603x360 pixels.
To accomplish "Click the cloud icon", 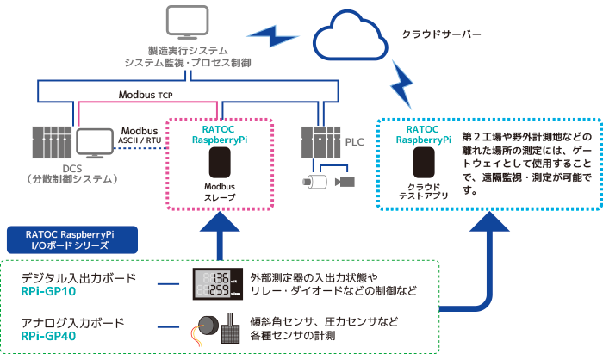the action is coord(350,35).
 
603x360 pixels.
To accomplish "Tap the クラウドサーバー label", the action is coord(441,34).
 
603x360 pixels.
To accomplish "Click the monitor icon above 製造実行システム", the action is coord(187,22).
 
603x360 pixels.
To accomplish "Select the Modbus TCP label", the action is coord(146,95).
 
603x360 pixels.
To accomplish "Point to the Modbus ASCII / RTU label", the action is coord(140,135).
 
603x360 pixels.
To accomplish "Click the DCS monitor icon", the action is coord(94,144).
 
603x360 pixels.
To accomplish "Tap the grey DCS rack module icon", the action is coord(52,142).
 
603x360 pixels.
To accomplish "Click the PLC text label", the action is coord(354,142).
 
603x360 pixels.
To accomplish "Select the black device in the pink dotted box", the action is coord(220,163).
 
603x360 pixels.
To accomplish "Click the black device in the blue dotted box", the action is coord(424,163).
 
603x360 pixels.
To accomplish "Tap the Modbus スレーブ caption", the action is coord(220,192).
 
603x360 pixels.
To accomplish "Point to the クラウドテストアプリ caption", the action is coord(424,191).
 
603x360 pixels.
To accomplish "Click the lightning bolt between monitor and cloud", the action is coord(272,36).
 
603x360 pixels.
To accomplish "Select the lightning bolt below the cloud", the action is coord(402,84).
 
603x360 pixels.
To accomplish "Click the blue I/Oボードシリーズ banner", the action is coord(72,240).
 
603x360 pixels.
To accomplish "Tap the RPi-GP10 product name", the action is coord(48,292).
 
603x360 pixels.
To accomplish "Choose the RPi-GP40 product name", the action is coord(48,336).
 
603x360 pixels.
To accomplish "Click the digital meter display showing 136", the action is coord(218,284).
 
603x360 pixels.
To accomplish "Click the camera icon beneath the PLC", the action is coord(345,182).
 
